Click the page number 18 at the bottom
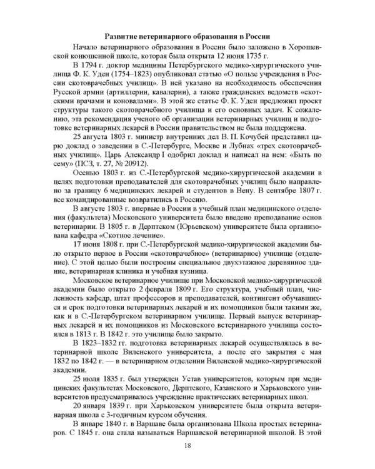click(187, 445)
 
